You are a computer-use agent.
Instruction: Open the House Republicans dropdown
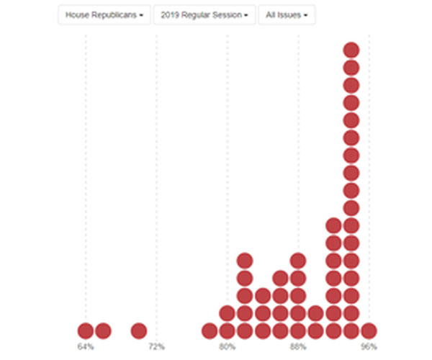click(104, 15)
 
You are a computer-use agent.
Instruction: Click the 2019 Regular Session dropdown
click(204, 15)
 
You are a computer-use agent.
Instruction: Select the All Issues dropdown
click(287, 15)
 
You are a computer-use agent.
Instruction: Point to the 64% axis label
click(86, 347)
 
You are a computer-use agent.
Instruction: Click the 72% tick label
click(156, 347)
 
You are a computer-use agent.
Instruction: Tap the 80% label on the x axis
click(228, 347)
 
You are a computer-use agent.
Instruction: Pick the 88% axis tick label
click(298, 347)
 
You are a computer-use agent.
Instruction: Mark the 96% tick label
click(369, 347)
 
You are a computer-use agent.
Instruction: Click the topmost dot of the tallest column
click(351, 50)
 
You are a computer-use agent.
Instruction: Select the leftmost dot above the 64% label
click(86, 330)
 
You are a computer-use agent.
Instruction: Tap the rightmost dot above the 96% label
click(369, 330)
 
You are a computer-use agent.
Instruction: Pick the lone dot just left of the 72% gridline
click(139, 330)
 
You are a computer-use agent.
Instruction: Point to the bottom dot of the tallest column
click(351, 330)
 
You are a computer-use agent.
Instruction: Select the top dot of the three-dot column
click(263, 295)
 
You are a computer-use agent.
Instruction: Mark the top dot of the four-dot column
click(280, 278)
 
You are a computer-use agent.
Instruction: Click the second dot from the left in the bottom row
click(103, 330)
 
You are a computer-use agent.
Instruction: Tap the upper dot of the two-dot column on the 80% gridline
click(228, 313)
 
